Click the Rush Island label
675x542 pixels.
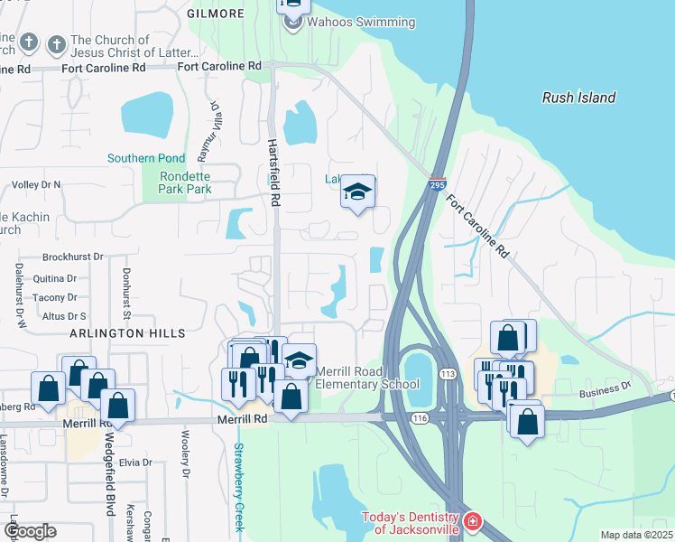pos(578,98)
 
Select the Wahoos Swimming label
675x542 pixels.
pos(347,22)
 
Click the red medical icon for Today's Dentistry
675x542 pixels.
pos(473,523)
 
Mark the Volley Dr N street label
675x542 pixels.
pos(36,184)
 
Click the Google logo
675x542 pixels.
pos(29,531)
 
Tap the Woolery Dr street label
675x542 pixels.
pos(185,461)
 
